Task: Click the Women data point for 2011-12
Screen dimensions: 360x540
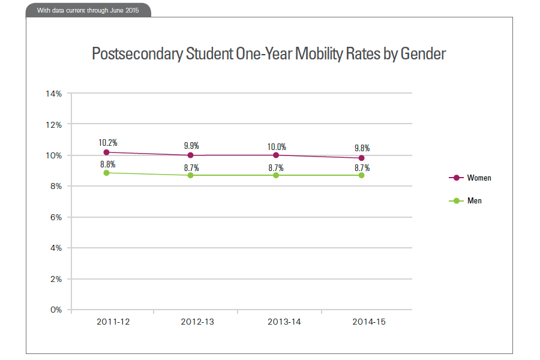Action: (106, 152)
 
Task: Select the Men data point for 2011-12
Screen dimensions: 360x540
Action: (106, 173)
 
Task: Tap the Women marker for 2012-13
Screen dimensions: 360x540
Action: (191, 155)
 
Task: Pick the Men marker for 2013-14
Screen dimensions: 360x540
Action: (276, 175)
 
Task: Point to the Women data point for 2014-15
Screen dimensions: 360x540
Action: (361, 158)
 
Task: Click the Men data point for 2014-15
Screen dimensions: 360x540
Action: (361, 175)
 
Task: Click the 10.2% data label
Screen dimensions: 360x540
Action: (108, 143)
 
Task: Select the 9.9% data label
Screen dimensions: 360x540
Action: (191, 146)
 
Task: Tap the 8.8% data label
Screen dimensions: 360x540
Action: (108, 164)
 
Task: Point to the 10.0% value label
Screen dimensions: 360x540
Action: (277, 146)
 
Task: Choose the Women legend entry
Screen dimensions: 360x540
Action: (479, 178)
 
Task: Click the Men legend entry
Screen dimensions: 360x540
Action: (474, 201)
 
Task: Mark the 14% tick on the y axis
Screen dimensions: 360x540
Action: (54, 94)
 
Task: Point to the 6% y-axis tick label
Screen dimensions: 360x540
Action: (56, 217)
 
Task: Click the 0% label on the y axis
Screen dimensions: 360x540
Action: (56, 310)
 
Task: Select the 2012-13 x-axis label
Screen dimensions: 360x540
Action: (197, 322)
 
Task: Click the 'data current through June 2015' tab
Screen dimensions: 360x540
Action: (88, 10)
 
